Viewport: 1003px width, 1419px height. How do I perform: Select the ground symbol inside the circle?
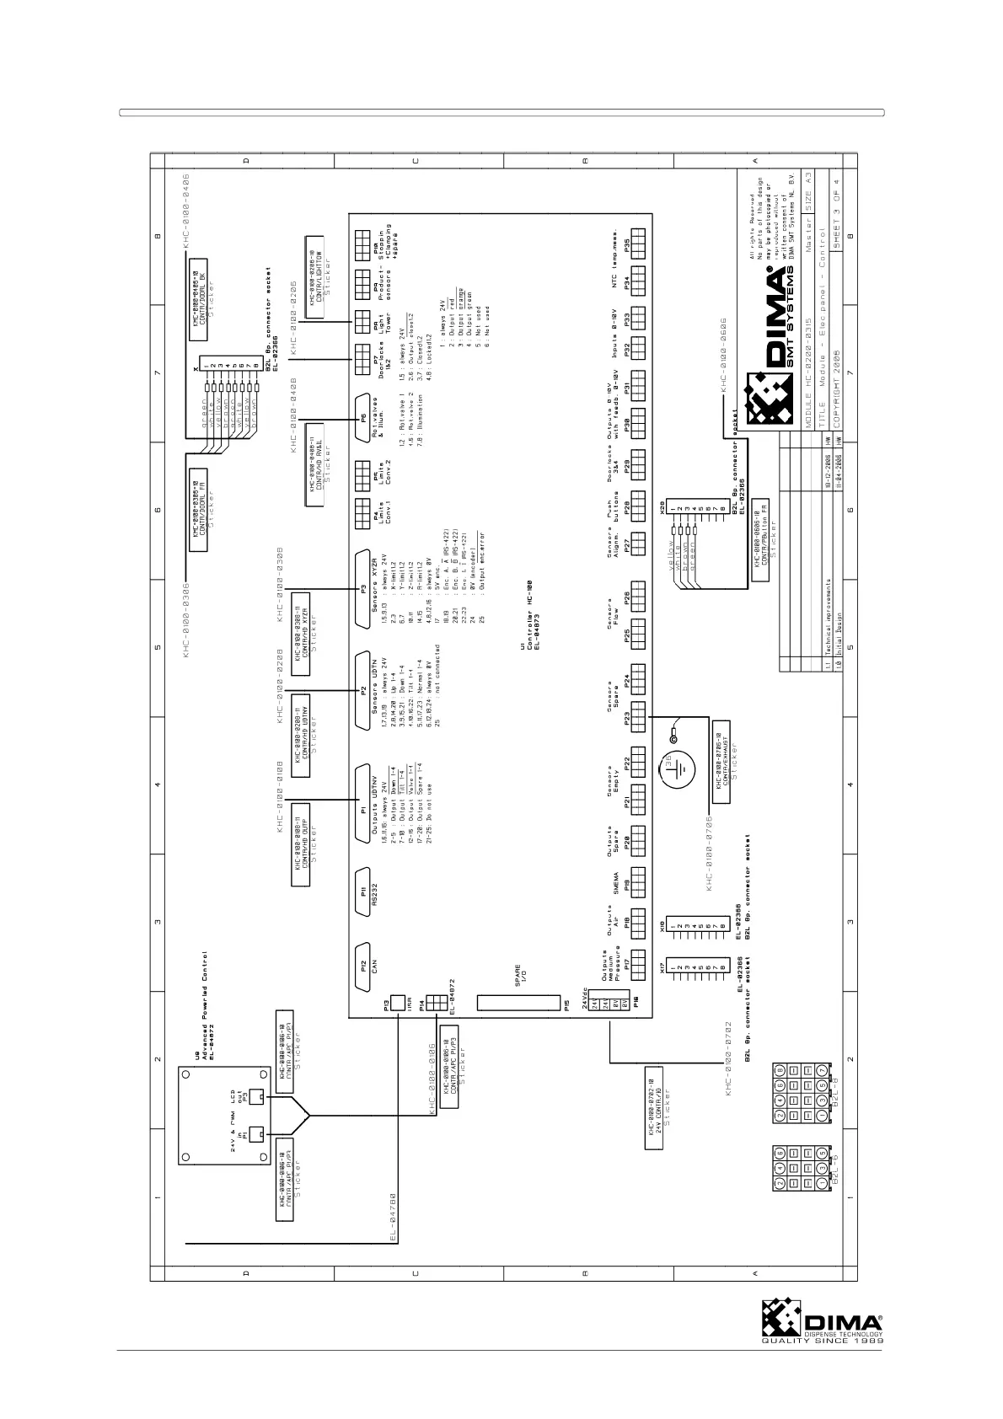click(684, 767)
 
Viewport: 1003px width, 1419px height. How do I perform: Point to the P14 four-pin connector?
click(436, 1003)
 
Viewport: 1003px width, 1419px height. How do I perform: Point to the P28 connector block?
click(638, 599)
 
